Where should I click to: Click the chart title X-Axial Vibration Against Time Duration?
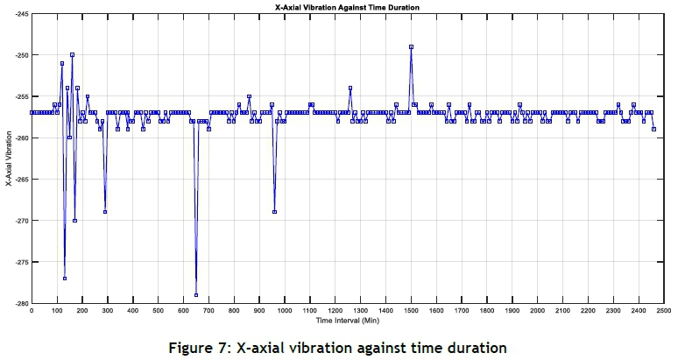click(x=348, y=7)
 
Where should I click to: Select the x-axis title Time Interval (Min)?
click(x=348, y=321)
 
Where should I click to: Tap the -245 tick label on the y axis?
click(x=19, y=14)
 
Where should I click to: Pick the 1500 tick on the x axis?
click(x=411, y=310)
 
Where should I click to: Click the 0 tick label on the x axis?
click(x=31, y=310)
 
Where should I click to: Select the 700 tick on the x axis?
click(x=208, y=310)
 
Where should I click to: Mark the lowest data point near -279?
click(x=195, y=295)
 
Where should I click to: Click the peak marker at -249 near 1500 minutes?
click(x=411, y=46)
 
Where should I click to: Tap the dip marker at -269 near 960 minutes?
click(x=274, y=212)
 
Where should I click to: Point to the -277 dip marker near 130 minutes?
click(x=65, y=279)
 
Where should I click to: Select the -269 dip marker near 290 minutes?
click(x=105, y=212)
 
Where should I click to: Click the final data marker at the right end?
click(x=653, y=130)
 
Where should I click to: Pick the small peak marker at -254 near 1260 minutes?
click(x=350, y=88)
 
